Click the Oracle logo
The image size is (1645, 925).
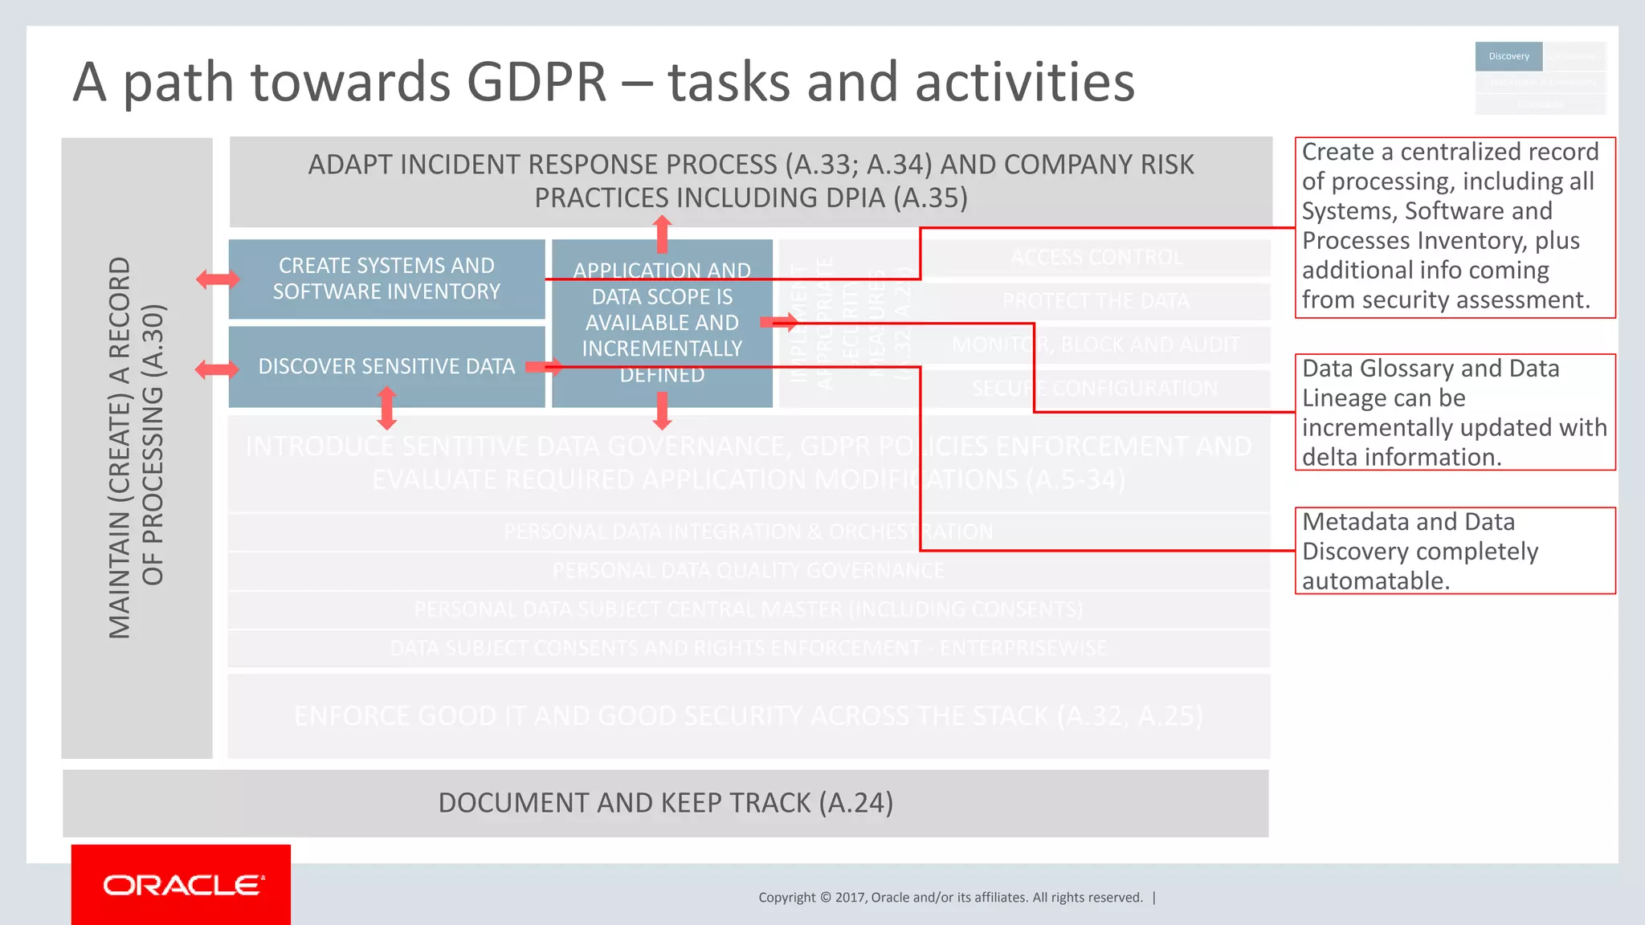click(182, 885)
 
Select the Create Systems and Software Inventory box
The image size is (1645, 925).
click(386, 279)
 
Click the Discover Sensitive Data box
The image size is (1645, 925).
click(386, 366)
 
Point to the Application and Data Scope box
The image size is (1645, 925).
click(662, 323)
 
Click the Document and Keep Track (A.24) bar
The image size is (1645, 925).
click(665, 803)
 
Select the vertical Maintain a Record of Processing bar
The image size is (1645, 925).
click(137, 447)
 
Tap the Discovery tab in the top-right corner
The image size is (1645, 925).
click(1508, 56)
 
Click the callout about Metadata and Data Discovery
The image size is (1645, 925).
click(1455, 551)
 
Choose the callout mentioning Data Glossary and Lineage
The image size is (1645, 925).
click(1455, 412)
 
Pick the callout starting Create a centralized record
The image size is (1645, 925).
click(1455, 226)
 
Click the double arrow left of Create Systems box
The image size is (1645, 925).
click(218, 279)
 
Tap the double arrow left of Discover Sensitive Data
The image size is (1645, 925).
click(218, 369)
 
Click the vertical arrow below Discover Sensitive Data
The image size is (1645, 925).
click(387, 408)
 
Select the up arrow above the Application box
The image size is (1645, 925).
click(662, 234)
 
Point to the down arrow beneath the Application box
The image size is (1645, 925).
click(662, 410)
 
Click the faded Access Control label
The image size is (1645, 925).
click(1096, 258)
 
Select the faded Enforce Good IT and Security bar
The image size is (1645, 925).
click(749, 715)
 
